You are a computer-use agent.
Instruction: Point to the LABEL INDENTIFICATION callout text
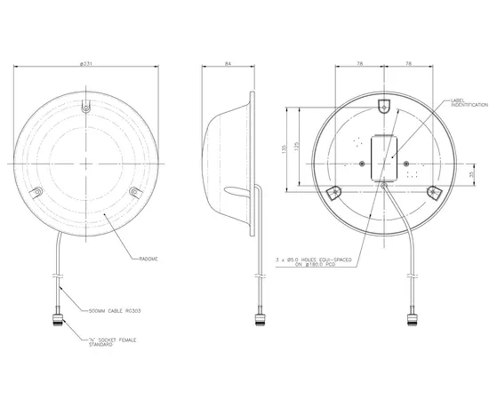click(469, 103)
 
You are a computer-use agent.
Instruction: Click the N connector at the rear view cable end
click(413, 317)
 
